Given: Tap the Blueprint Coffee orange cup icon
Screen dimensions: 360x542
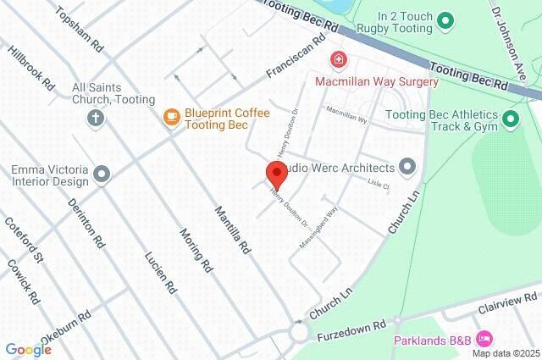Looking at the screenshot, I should point(172,118).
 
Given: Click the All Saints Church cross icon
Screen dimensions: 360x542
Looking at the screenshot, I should point(95,118).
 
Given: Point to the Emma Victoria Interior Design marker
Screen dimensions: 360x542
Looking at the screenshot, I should point(102,174).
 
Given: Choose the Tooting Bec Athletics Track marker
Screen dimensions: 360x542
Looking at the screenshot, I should point(511,120).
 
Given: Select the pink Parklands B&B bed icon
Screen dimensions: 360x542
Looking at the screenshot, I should point(484,340).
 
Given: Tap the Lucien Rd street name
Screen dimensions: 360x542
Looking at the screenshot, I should point(160,273).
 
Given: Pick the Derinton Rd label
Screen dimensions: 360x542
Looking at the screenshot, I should point(88,225).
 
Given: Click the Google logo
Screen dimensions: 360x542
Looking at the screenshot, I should point(28,350).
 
